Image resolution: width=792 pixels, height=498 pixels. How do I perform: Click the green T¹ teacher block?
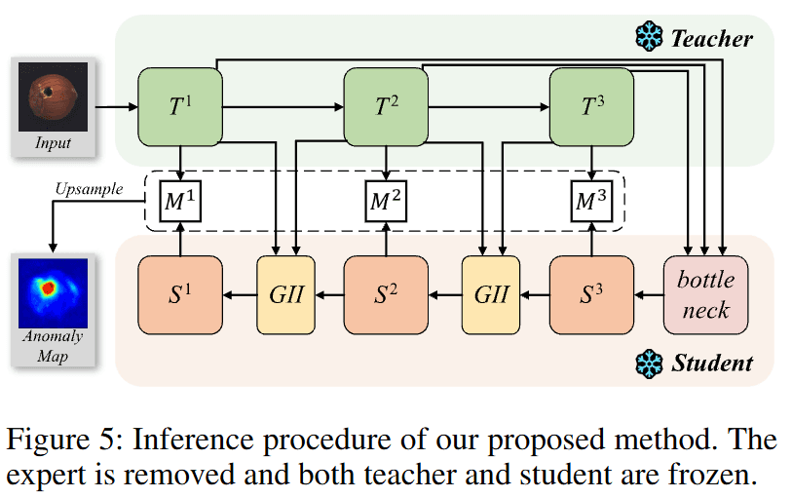pyautogui.click(x=181, y=106)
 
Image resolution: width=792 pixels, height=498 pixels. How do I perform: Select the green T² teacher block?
pyautogui.click(x=387, y=106)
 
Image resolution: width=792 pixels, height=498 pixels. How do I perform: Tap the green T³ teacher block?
pyautogui.click(x=591, y=106)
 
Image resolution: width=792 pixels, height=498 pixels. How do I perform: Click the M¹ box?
pyautogui.click(x=181, y=201)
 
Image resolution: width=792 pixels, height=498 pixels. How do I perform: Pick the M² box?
pyautogui.click(x=387, y=201)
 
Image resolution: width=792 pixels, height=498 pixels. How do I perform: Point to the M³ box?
pyautogui.click(x=591, y=201)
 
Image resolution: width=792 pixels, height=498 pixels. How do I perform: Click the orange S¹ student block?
pyautogui.click(x=181, y=292)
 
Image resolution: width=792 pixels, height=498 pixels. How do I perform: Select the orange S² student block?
pyautogui.click(x=387, y=292)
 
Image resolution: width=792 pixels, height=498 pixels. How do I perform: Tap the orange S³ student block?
pyautogui.click(x=591, y=292)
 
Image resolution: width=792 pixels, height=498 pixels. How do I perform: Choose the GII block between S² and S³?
pyautogui.click(x=491, y=292)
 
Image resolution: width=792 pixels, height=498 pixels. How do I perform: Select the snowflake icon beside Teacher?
pyautogui.click(x=648, y=38)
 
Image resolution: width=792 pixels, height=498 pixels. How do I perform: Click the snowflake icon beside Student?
pyautogui.click(x=648, y=364)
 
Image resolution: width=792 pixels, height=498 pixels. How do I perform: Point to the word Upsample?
pyautogui.click(x=90, y=189)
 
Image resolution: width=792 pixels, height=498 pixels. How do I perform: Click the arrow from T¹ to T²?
pyautogui.click(x=283, y=106)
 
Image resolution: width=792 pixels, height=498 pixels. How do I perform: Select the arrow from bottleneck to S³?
pyautogui.click(x=648, y=292)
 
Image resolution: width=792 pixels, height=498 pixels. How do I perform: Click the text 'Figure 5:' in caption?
pyautogui.click(x=60, y=440)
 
